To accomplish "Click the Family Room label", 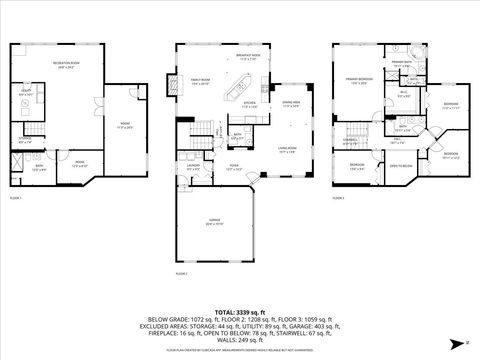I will click(200, 82).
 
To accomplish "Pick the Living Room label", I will click(287, 151).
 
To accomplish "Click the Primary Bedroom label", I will click(360, 80).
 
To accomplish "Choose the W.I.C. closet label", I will click(404, 95).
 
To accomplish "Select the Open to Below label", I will click(401, 166).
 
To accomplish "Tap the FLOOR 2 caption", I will click(181, 272).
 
